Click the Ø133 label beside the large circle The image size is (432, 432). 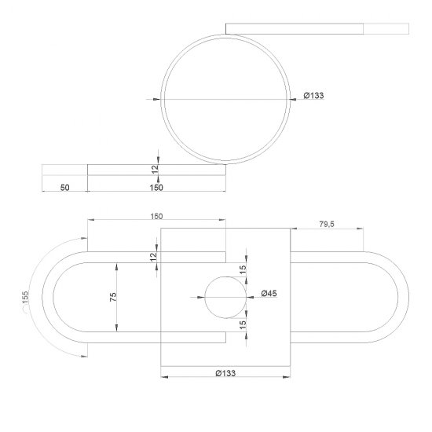(x=313, y=96)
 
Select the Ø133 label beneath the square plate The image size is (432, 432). (x=225, y=373)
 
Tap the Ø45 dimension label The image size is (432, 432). (x=269, y=294)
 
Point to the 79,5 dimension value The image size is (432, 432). (x=327, y=225)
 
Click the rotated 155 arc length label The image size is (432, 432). (x=25, y=298)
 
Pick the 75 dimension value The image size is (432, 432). (x=113, y=297)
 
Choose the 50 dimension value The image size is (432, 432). (x=64, y=188)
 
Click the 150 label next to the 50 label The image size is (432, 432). (x=156, y=188)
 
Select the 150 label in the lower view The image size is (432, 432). (x=156, y=217)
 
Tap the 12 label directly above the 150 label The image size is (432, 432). (x=155, y=169)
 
